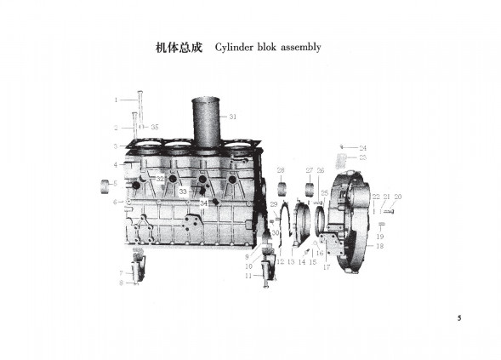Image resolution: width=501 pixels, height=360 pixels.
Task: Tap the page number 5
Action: click(x=459, y=318)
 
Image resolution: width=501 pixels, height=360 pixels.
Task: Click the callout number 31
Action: click(x=233, y=116)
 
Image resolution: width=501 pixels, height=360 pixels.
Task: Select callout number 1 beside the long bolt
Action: click(x=117, y=100)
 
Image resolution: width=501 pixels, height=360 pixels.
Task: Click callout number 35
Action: click(x=155, y=127)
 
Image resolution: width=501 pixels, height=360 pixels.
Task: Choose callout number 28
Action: click(x=281, y=170)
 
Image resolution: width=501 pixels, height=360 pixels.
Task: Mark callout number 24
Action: click(x=362, y=147)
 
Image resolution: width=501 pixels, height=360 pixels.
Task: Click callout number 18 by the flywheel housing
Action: click(x=379, y=246)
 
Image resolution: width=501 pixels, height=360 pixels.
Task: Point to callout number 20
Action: click(x=397, y=197)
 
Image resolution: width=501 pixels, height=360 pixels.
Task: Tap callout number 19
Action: click(x=380, y=236)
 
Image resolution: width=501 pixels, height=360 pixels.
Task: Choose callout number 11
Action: click(x=248, y=276)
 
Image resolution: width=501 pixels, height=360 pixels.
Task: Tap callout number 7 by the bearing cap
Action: click(x=121, y=272)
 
